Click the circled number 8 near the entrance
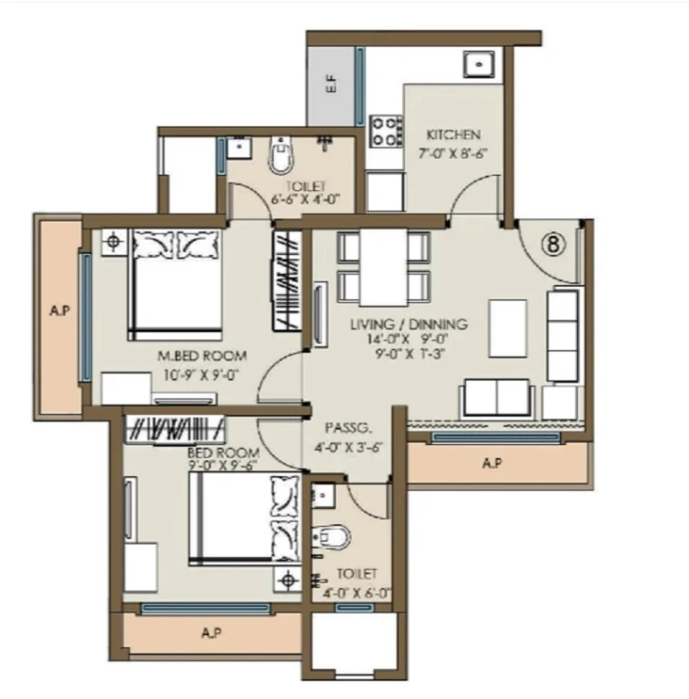553,244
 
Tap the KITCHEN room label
453,135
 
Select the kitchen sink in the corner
479,65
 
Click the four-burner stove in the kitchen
387,131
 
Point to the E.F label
331,84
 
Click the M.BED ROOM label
202,356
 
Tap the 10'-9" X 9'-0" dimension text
200,375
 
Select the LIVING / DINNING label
409,324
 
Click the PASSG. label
348,429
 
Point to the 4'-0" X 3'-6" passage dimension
349,447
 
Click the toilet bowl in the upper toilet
281,156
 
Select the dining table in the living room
384,268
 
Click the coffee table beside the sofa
508,329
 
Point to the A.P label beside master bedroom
60,310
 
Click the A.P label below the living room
492,463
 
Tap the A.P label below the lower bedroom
212,633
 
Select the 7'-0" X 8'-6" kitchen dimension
452,153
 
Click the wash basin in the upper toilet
239,148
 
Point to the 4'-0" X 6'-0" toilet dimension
357,593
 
